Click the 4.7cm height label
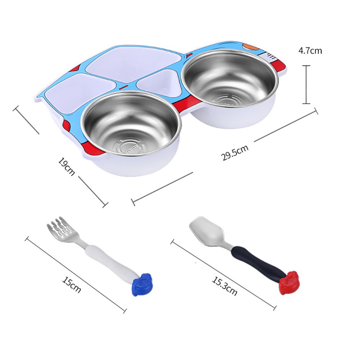[x=310, y=51]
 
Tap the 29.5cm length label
[x=234, y=153]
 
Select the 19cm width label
[x=66, y=166]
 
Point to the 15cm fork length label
[x=71, y=285]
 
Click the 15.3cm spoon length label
[x=224, y=286]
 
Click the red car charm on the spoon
[x=290, y=282]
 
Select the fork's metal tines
[x=61, y=227]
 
